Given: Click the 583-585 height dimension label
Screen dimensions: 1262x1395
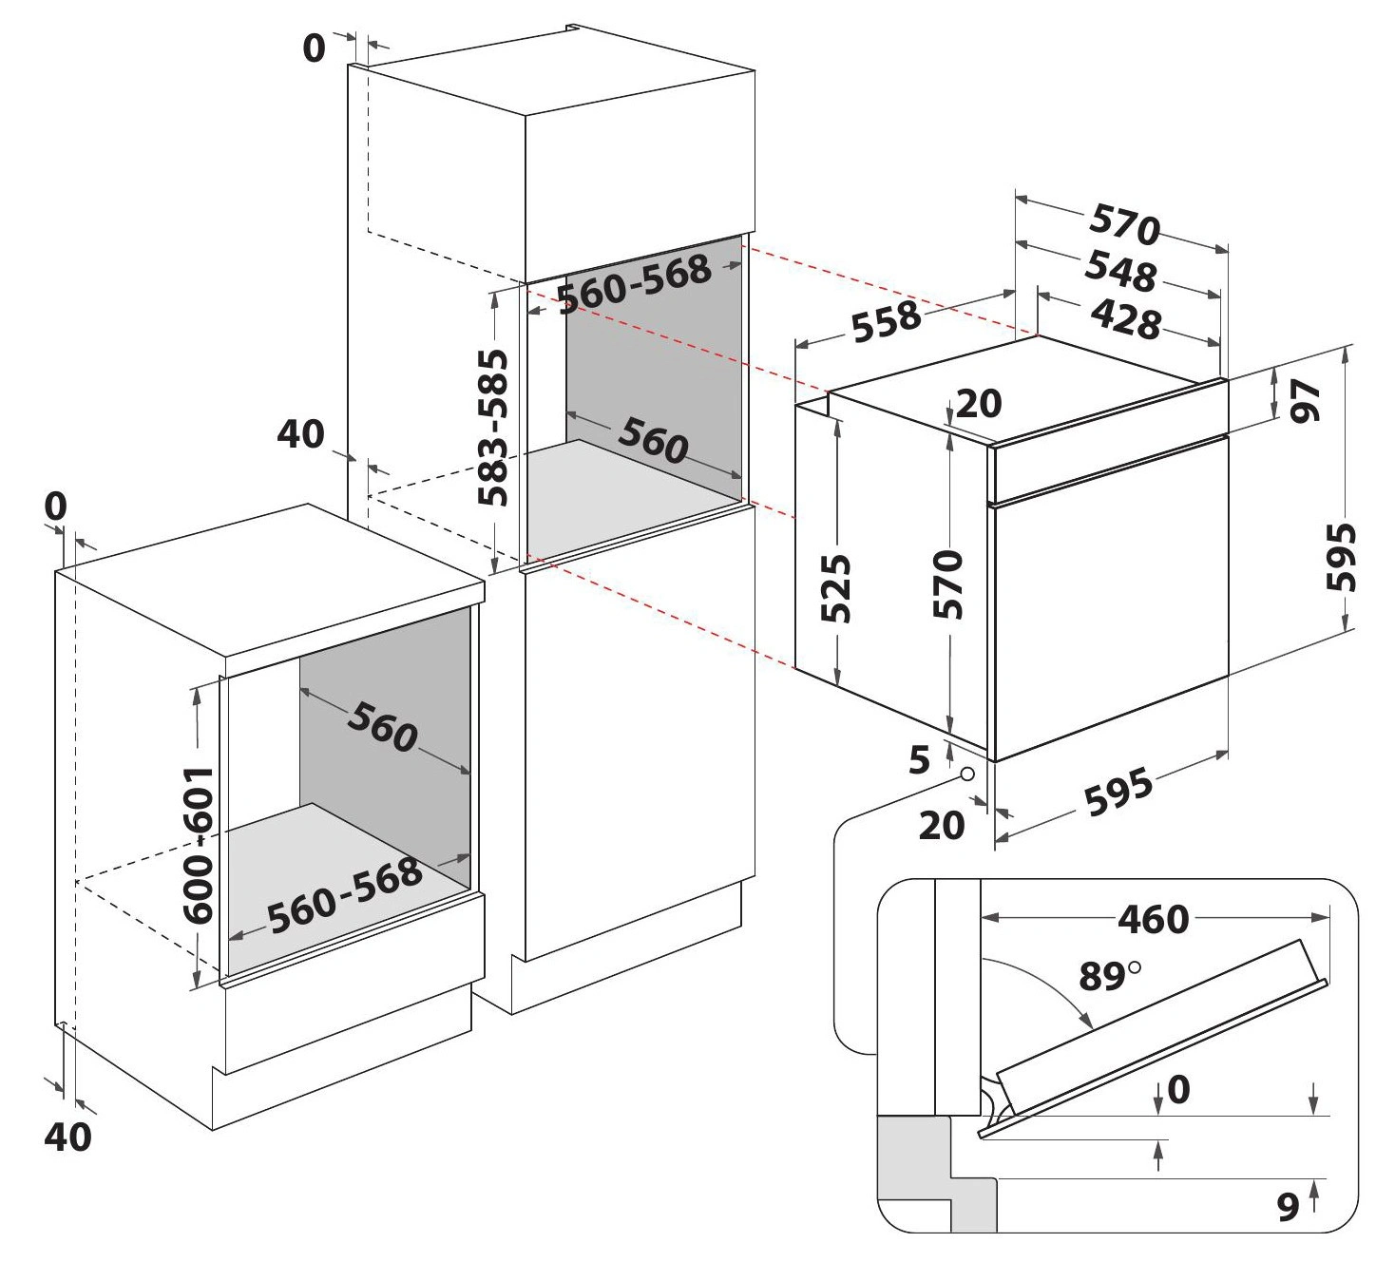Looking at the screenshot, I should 493,429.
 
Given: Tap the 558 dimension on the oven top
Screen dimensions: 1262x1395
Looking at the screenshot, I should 886,321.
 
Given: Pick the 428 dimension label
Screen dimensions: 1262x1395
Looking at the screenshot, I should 1124,319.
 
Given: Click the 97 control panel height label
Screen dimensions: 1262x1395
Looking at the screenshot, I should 1307,399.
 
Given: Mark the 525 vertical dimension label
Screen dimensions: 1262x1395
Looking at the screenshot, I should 835,587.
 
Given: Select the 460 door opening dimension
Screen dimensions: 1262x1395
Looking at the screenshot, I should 1153,919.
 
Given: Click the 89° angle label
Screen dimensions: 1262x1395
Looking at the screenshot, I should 1109,976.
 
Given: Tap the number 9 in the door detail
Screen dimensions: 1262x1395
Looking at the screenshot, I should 1288,1206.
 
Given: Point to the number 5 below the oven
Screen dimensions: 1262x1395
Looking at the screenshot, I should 918,760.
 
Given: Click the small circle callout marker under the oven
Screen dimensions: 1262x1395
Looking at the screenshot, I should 967,774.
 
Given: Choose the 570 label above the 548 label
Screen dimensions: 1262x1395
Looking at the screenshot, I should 1125,226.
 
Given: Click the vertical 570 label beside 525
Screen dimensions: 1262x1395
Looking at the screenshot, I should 948,583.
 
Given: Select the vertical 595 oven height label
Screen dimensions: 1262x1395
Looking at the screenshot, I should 1341,556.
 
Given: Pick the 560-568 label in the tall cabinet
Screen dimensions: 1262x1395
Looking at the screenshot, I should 634,281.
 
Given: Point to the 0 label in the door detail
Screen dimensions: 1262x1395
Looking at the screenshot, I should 1177,1089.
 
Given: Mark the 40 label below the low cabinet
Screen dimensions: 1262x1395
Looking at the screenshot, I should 68,1137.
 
